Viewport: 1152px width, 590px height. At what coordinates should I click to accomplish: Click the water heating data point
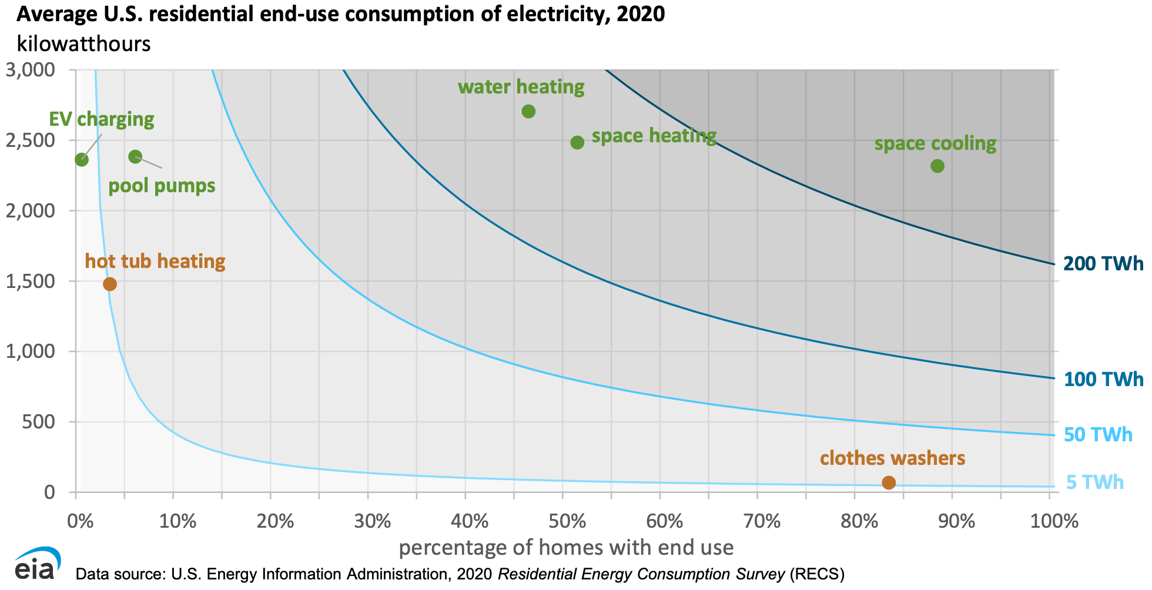(x=528, y=111)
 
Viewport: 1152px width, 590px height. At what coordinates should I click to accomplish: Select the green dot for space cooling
(x=937, y=166)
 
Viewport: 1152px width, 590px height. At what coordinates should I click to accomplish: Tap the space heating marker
(x=577, y=142)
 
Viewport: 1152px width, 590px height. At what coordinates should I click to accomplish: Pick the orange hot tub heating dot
(x=110, y=284)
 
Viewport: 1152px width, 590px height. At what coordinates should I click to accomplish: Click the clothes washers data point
(x=889, y=482)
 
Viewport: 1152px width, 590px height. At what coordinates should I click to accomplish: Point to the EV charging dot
(x=82, y=159)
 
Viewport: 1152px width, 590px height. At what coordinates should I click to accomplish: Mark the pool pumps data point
(x=135, y=156)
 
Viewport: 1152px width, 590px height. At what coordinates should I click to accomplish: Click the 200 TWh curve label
(x=1104, y=264)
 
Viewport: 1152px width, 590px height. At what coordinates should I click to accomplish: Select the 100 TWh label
(x=1104, y=380)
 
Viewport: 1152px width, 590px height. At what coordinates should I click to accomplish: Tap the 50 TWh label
(x=1098, y=435)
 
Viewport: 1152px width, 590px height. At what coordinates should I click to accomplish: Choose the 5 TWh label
(x=1095, y=482)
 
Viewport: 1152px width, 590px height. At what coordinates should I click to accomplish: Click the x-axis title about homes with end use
(x=566, y=548)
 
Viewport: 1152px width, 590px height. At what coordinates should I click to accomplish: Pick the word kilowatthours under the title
(x=83, y=44)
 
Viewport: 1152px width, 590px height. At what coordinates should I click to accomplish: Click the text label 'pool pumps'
(x=162, y=186)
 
